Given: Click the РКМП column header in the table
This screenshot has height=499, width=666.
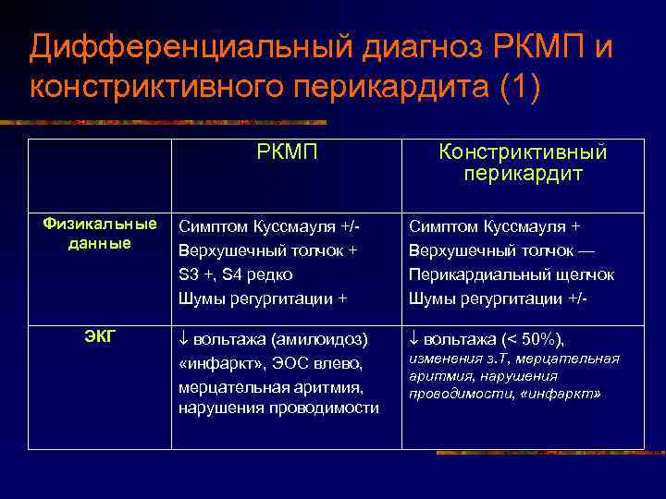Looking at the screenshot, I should click(x=286, y=152).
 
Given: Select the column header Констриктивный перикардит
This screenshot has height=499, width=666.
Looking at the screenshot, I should click(x=523, y=162).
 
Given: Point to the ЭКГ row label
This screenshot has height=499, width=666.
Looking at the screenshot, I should click(x=101, y=336).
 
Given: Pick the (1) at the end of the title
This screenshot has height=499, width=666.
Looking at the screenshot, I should click(x=517, y=87).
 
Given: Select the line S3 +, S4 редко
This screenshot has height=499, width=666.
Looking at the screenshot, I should click(x=236, y=274).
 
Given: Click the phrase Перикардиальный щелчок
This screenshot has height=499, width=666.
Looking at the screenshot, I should click(x=511, y=274).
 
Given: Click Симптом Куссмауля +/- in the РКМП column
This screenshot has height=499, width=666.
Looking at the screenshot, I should click(x=268, y=226).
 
